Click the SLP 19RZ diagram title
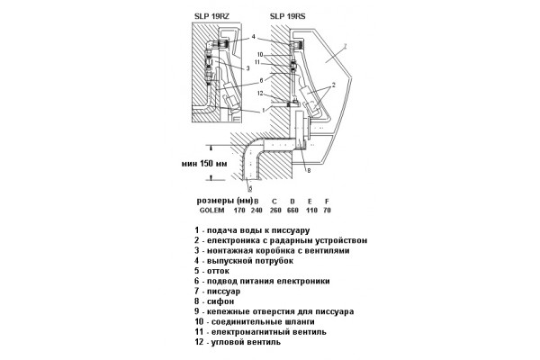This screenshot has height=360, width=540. (x=211, y=16)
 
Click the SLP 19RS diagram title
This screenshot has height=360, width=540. (x=288, y=16)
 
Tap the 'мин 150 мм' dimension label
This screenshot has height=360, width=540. (x=204, y=163)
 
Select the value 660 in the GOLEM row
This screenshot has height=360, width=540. (x=292, y=210)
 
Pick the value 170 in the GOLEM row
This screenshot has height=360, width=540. (x=239, y=210)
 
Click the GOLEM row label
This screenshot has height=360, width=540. (x=211, y=210)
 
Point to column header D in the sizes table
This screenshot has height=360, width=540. (x=292, y=202)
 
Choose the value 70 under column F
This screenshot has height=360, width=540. (x=328, y=210)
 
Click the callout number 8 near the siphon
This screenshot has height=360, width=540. (x=309, y=170)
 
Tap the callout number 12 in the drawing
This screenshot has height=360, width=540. (x=260, y=93)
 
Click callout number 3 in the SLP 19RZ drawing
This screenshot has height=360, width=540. (x=247, y=68)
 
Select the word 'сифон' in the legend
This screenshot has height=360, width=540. (x=220, y=301)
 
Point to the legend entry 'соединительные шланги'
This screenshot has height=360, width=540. (x=263, y=322)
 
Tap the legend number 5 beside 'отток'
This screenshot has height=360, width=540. (x=196, y=271)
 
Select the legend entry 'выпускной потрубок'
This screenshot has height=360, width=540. (x=250, y=261)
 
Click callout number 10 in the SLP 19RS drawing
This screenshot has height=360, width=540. (x=260, y=54)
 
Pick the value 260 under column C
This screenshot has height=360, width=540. (x=275, y=210)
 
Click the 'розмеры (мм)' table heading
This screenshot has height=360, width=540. (x=225, y=201)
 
